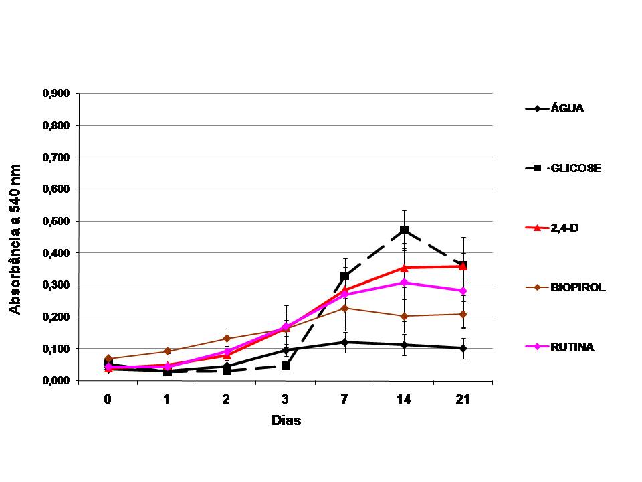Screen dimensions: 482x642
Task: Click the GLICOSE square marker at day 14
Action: pyautogui.click(x=404, y=230)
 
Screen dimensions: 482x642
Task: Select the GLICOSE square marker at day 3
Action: pyautogui.click(x=286, y=366)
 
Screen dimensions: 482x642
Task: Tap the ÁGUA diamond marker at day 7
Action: pyautogui.click(x=344, y=342)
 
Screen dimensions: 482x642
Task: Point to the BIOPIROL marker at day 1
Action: pyautogui.click(x=167, y=351)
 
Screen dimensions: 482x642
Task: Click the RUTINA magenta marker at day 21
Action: pyautogui.click(x=463, y=291)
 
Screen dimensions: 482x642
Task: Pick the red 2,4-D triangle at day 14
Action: pyautogui.click(x=404, y=268)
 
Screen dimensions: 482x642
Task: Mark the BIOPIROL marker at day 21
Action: pyautogui.click(x=463, y=314)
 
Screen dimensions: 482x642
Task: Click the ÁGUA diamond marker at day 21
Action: pyautogui.click(x=463, y=348)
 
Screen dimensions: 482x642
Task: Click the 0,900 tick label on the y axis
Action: pyautogui.click(x=56, y=94)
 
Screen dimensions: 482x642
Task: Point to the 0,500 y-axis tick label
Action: pyautogui.click(x=56, y=221)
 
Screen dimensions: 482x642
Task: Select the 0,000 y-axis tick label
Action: pyautogui.click(x=56, y=380)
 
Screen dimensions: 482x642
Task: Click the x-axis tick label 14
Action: pyautogui.click(x=404, y=400)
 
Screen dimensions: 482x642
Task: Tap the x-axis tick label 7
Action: pyautogui.click(x=344, y=400)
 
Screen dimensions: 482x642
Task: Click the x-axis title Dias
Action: pyautogui.click(x=286, y=421)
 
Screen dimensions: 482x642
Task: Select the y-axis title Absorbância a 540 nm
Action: pyautogui.click(x=15, y=238)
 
